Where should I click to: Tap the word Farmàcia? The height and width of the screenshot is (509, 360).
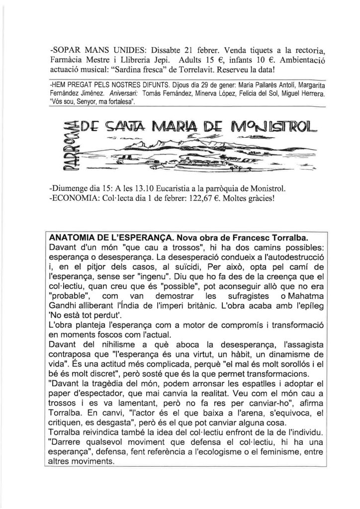coord(68,61)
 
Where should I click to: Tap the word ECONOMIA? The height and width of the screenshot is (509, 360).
coord(75,200)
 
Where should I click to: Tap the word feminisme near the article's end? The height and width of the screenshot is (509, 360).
coord(280,451)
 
